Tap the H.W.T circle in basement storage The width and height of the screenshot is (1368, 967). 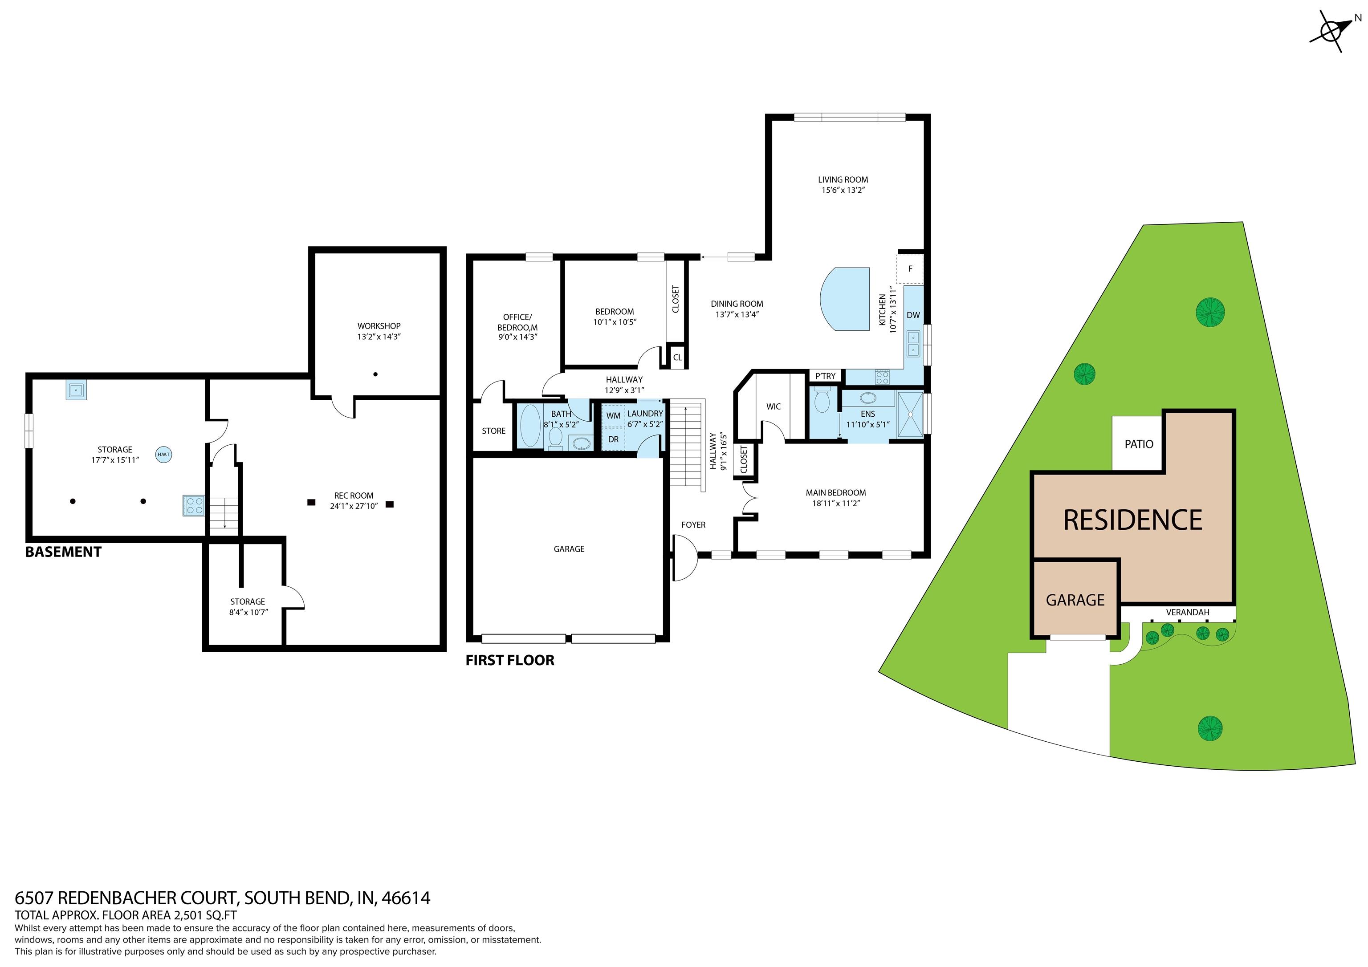pyautogui.click(x=163, y=455)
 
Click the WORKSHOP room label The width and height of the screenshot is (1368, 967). pyautogui.click(x=379, y=326)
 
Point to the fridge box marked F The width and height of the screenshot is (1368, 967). pyautogui.click(x=910, y=269)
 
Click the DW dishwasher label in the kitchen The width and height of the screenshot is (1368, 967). pyautogui.click(x=913, y=315)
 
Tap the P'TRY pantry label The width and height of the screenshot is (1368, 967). pyautogui.click(x=825, y=376)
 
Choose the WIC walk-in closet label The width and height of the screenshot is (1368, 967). pyautogui.click(x=774, y=406)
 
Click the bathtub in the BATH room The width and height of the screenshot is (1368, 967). pyautogui.click(x=529, y=426)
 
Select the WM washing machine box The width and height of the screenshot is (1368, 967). pyautogui.click(x=613, y=415)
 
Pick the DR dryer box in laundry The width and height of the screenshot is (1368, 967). pyautogui.click(x=613, y=439)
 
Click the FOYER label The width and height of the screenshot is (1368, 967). pyautogui.click(x=693, y=525)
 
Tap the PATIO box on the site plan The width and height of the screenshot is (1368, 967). pyautogui.click(x=1139, y=443)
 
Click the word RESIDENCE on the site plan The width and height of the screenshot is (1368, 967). pyautogui.click(x=1132, y=520)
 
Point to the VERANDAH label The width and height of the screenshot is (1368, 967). pyautogui.click(x=1188, y=612)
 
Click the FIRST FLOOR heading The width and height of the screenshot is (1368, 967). pyautogui.click(x=510, y=660)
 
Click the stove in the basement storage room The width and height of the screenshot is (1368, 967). pyautogui.click(x=194, y=505)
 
